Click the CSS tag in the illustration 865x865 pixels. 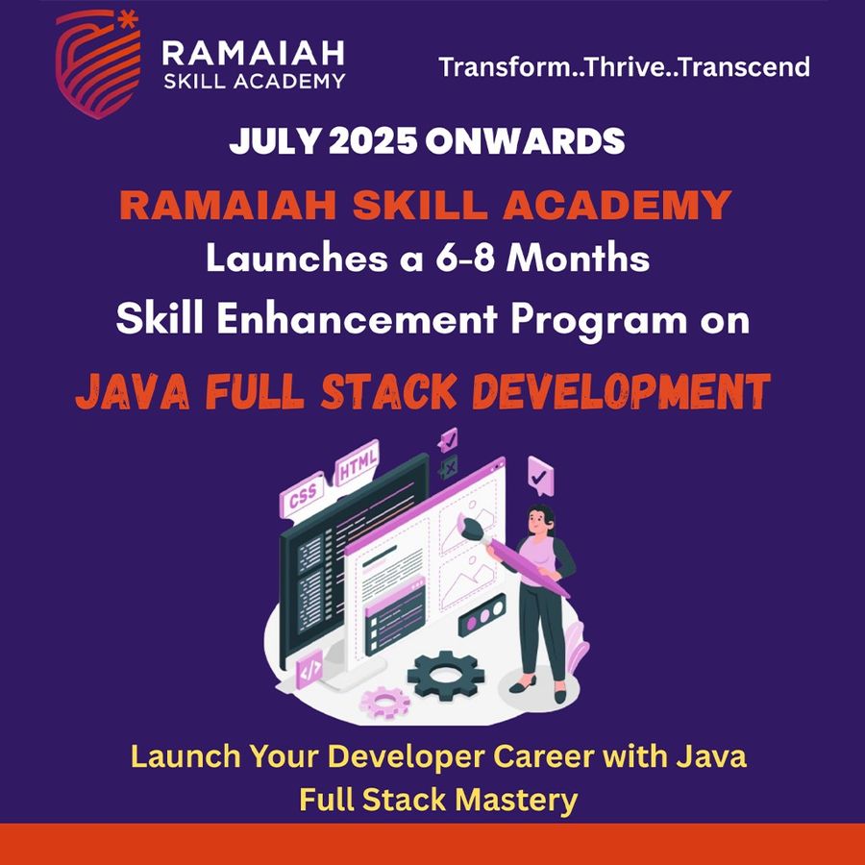[x=302, y=500]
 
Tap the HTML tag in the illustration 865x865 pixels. [x=358, y=468]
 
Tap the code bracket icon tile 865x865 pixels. [x=309, y=667]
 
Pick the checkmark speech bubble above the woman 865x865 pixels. [x=541, y=473]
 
